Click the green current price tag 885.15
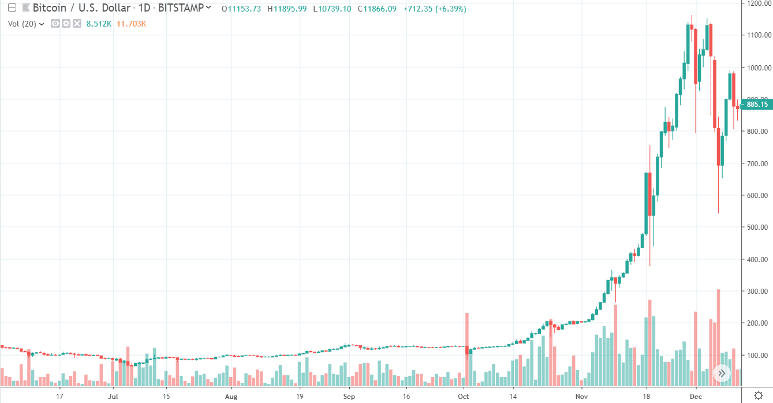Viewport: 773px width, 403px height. click(x=757, y=105)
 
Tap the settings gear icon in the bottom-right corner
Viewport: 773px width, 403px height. click(x=757, y=396)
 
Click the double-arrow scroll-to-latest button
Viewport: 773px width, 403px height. click(x=722, y=373)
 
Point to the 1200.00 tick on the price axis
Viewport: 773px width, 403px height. click(x=756, y=3)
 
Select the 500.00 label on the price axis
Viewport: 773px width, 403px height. click(x=756, y=227)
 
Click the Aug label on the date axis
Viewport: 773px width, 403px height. click(x=231, y=397)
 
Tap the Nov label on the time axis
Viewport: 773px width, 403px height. click(x=581, y=397)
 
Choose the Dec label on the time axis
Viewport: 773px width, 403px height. click(x=696, y=397)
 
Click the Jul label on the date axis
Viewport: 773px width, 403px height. click(x=113, y=397)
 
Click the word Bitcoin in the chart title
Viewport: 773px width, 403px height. click(x=48, y=9)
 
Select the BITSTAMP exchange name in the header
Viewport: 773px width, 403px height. click(x=180, y=9)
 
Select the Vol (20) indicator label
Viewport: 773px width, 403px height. click(x=24, y=24)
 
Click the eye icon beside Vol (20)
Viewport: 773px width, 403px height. click(x=55, y=24)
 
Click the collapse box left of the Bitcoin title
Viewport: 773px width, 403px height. click(x=12, y=9)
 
